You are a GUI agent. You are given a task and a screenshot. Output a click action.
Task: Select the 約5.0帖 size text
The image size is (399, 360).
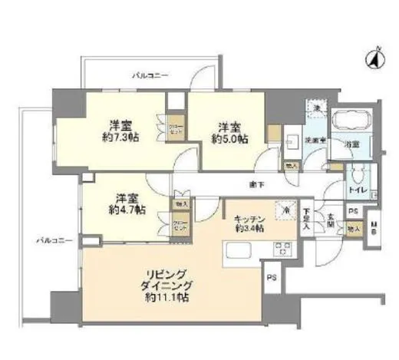pyautogui.click(x=226, y=140)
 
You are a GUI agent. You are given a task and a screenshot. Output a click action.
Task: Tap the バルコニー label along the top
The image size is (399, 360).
pyautogui.click(x=150, y=75)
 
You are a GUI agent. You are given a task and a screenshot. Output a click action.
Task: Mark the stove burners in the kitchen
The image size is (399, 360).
pyautogui.click(x=280, y=248)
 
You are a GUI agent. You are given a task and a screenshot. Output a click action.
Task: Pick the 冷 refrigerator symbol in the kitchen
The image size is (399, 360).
pyautogui.click(x=285, y=210)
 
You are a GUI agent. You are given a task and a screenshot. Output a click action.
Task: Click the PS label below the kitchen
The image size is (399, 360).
pyautogui.click(x=272, y=278)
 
